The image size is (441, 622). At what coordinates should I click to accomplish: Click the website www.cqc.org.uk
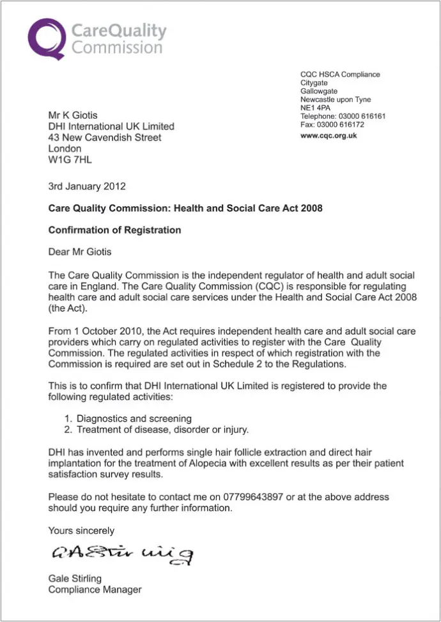[329, 136]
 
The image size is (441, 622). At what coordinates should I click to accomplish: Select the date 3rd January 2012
[87, 186]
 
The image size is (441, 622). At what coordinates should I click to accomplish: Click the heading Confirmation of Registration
[114, 230]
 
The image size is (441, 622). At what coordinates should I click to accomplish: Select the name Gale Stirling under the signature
[75, 579]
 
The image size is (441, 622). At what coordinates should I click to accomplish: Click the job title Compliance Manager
[95, 589]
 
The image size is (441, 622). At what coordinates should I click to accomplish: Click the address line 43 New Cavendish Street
[105, 137]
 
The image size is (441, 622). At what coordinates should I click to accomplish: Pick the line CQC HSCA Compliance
[340, 75]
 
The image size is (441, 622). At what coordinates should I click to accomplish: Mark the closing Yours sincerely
[81, 531]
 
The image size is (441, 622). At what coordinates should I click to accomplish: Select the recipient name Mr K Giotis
[73, 115]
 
